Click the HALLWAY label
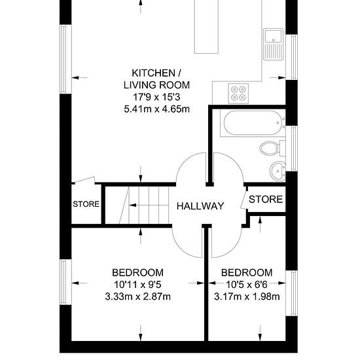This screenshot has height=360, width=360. [x=200, y=206]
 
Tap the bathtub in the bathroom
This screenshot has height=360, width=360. [x=252, y=123]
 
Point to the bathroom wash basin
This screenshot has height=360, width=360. [x=278, y=171]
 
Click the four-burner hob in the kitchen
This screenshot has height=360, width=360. [x=238, y=94]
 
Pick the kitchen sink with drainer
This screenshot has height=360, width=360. [x=273, y=45]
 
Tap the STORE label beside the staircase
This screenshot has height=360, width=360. [x=86, y=204]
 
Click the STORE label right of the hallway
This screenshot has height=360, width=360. [x=266, y=199]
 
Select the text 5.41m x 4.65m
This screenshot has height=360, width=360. [x=157, y=109]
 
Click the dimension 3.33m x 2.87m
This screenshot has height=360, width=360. [x=137, y=297]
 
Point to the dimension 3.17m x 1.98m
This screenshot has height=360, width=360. [x=247, y=297]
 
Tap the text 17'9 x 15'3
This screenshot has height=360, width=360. [x=157, y=97]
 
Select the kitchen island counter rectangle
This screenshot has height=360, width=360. [x=206, y=27]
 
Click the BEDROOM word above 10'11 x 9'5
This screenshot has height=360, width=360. [x=137, y=272]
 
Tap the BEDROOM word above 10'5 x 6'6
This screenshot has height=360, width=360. [x=247, y=272]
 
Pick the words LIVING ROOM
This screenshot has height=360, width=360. [x=157, y=85]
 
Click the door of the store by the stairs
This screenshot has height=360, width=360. [x=85, y=180]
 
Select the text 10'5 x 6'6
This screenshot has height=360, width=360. [x=247, y=285]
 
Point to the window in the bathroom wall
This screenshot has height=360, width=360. [x=291, y=149]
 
